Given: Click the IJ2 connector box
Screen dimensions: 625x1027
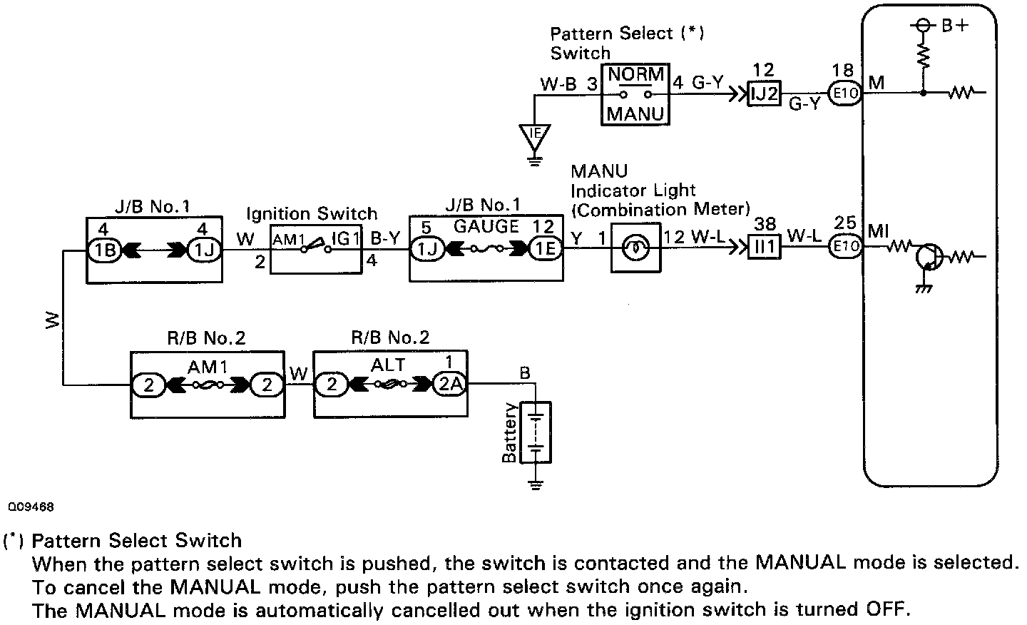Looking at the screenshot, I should tap(763, 93).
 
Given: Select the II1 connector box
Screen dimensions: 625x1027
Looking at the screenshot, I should tap(765, 248).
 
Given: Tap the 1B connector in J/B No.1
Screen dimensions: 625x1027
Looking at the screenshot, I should tap(101, 249).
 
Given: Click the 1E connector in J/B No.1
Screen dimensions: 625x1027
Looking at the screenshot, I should tap(546, 249).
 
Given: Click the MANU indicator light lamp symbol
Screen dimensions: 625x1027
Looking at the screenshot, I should tap(635, 249).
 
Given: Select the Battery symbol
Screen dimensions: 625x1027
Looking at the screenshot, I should tap(536, 433).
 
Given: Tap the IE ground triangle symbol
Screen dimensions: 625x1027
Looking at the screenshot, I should tap(533, 134).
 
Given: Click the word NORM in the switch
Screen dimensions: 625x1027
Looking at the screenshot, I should tap(636, 74).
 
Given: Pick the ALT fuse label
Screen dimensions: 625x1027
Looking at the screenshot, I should tap(388, 365).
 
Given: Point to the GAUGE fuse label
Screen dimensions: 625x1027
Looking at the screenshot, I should tap(486, 227).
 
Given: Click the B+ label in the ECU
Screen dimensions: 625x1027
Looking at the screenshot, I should tap(955, 25).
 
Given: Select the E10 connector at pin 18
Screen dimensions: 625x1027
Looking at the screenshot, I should tap(844, 93).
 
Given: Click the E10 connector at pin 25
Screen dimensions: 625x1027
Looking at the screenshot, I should tap(845, 248).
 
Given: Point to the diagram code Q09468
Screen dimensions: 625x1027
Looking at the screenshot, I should tap(31, 507).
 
